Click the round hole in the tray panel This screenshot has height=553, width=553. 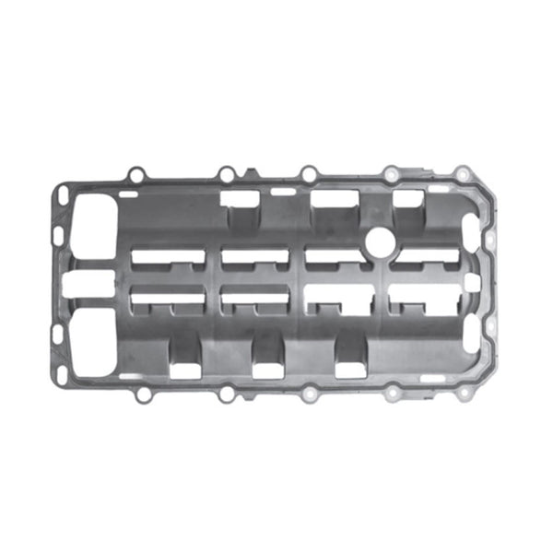pyautogui.click(x=379, y=241)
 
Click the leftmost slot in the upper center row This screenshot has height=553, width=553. pyautogui.click(x=168, y=259)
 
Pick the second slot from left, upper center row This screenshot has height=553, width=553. pyautogui.click(x=254, y=259)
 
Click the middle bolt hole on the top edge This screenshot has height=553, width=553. pyautogui.click(x=309, y=173)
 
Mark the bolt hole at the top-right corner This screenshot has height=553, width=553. pyautogui.click(x=464, y=174)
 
